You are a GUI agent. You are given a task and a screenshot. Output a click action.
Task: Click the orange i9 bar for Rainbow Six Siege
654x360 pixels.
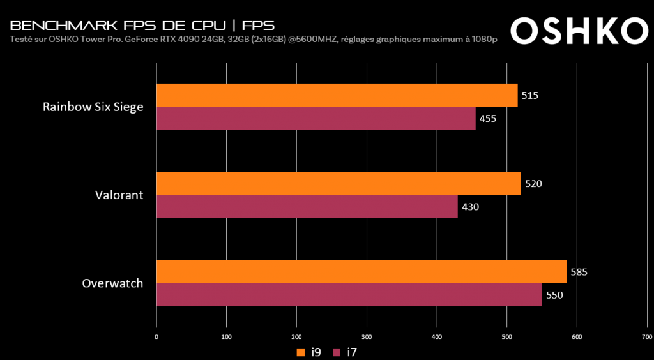(337, 95)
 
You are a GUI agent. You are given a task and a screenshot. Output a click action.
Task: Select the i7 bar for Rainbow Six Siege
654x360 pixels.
(316, 118)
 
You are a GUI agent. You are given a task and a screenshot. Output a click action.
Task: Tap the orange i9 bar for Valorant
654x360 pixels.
(338, 183)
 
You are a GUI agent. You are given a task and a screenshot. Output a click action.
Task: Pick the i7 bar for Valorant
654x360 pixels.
(307, 206)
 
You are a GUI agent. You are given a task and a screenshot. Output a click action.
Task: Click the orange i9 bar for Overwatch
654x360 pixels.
(361, 271)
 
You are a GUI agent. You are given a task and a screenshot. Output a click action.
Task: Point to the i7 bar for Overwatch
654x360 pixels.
(349, 294)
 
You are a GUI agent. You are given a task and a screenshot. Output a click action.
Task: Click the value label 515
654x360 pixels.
(530, 96)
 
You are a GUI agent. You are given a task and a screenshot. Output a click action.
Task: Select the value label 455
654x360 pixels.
(488, 118)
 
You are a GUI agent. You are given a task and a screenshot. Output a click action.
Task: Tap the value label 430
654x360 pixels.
(470, 206)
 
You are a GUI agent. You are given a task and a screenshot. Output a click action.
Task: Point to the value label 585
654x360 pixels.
(579, 272)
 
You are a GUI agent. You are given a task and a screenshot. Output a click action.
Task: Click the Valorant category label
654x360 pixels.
(118, 195)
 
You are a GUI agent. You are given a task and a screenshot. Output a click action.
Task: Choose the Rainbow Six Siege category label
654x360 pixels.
(93, 107)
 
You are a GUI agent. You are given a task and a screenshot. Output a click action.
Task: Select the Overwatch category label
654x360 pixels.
(112, 283)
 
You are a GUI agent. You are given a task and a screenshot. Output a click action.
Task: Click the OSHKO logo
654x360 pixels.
(579, 27)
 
